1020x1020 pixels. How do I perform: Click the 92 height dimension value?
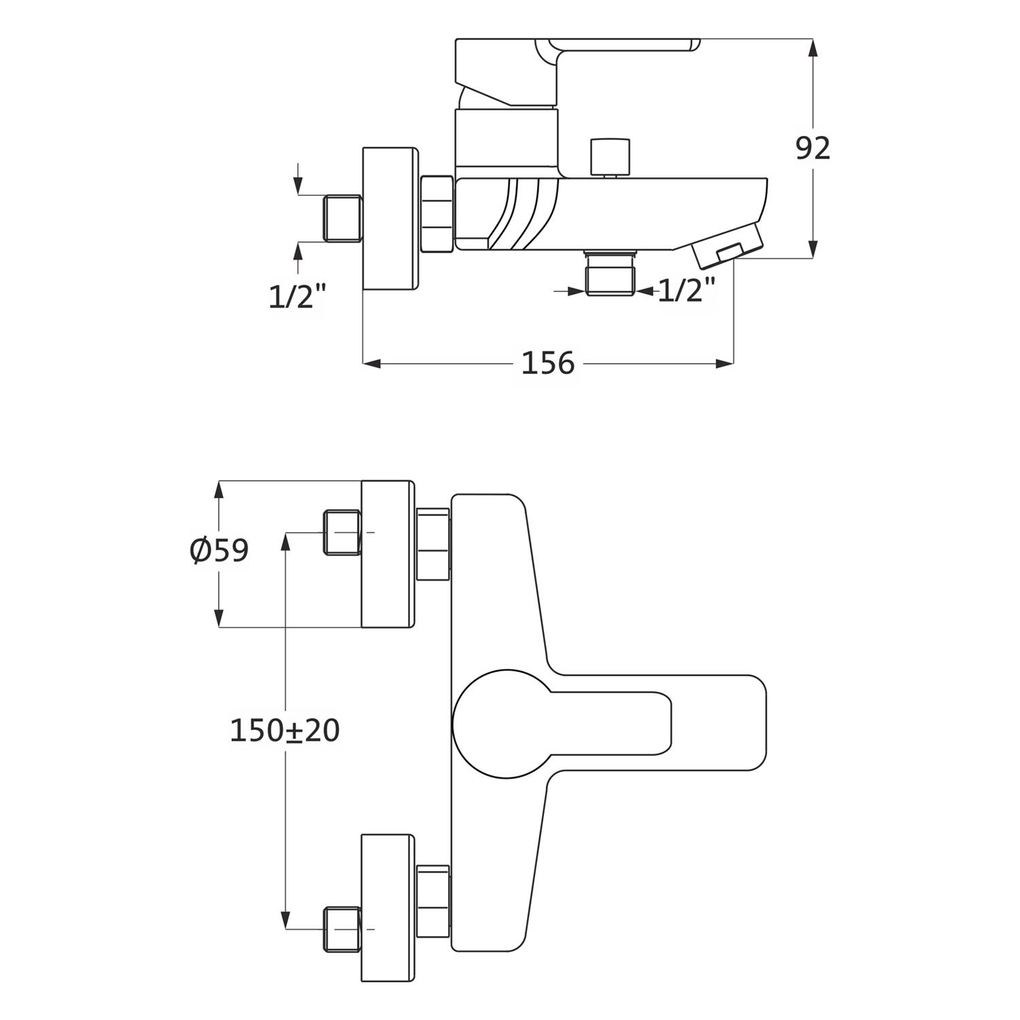coord(813,148)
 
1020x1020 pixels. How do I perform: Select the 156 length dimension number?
coord(547,363)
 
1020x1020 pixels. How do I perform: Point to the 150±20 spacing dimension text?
coord(284,730)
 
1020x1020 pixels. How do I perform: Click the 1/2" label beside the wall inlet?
coord(298,296)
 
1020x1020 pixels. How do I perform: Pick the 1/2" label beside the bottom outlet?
coord(687,291)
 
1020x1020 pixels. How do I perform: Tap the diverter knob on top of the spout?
coord(611,157)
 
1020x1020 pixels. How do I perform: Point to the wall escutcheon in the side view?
coord(389,218)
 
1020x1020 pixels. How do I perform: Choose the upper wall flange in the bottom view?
coord(388,554)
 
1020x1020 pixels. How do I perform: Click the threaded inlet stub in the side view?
coord(343,218)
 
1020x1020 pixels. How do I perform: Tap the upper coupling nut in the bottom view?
coord(432,544)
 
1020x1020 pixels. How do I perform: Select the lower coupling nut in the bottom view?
coord(432,902)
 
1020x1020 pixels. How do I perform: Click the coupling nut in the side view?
coord(437,214)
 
